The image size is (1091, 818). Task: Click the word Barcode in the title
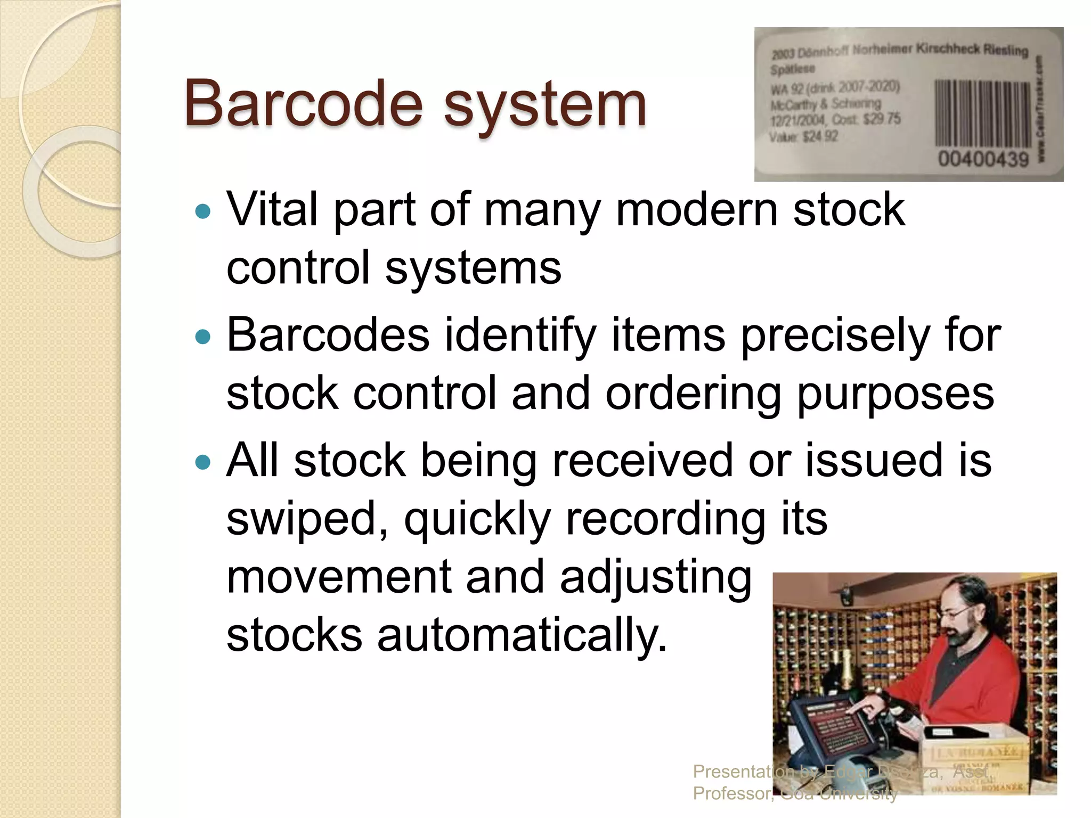coord(304,104)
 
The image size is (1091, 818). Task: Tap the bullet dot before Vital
coord(203,212)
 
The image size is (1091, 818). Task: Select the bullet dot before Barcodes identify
coord(203,338)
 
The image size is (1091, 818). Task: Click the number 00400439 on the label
coord(983,159)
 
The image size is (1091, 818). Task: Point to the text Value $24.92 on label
coord(803,137)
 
